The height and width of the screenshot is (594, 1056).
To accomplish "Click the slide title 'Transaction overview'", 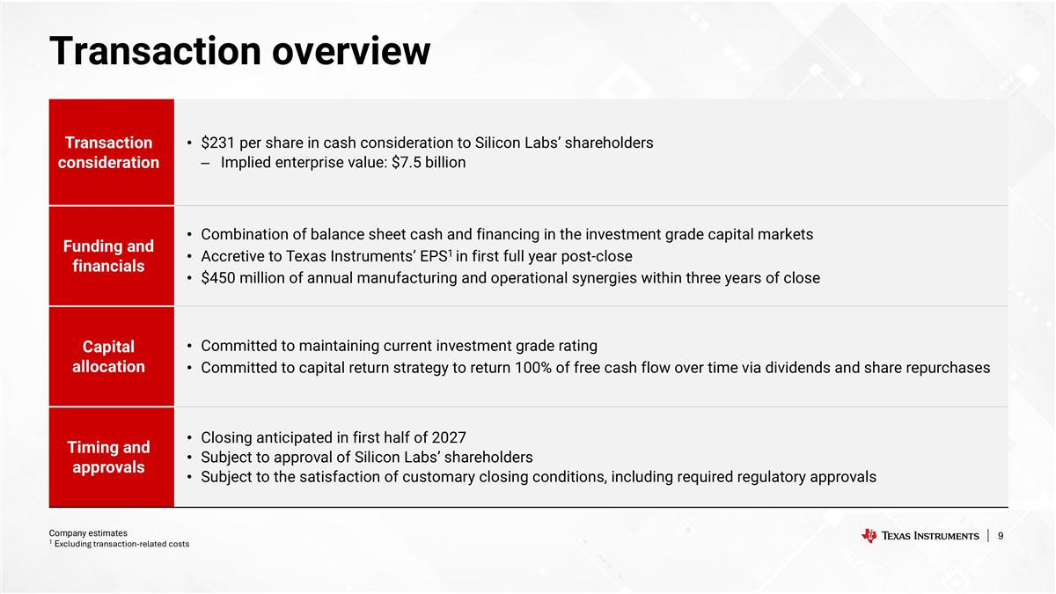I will click(239, 51).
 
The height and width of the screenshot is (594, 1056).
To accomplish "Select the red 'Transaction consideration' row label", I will click(108, 152).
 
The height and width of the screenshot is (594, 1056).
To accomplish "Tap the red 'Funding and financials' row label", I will click(108, 256).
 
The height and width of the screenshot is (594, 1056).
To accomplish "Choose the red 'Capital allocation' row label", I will click(108, 356).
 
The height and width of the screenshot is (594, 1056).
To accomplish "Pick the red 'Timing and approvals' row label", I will click(108, 457).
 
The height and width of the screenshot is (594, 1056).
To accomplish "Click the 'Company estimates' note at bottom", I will click(88, 532).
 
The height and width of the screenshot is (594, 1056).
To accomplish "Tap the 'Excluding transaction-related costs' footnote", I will click(121, 544).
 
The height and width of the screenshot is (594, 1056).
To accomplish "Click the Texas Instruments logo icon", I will click(869, 536).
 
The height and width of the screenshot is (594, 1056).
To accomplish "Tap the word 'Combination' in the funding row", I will click(242, 234).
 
